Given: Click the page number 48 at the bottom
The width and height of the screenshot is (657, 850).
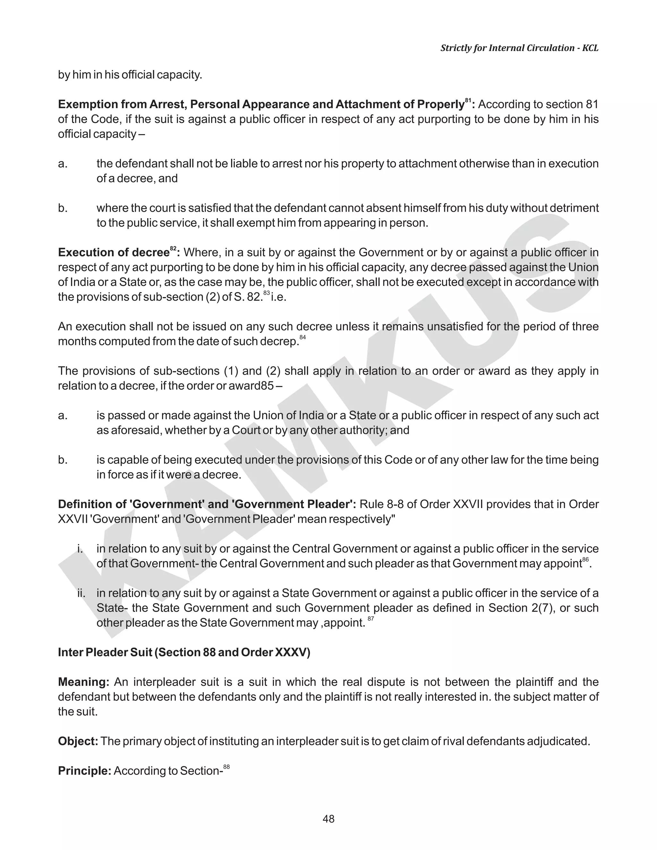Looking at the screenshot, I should [328, 819].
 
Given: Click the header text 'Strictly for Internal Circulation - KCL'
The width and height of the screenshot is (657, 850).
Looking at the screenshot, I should [519, 48].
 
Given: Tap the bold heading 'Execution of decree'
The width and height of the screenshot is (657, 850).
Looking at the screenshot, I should [113, 252].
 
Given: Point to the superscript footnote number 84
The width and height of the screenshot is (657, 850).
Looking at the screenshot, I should [303, 337].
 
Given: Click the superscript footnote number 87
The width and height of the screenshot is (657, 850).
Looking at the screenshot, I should [371, 618].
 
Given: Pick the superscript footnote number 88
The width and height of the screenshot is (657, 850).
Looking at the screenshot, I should [226, 767].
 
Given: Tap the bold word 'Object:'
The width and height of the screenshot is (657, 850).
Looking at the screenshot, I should [78, 741].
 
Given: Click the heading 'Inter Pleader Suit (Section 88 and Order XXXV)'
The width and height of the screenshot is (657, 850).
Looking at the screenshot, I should [184, 652].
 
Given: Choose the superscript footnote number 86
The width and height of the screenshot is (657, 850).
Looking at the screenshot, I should [585, 560].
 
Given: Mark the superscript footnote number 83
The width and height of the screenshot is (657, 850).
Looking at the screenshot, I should [266, 293].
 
